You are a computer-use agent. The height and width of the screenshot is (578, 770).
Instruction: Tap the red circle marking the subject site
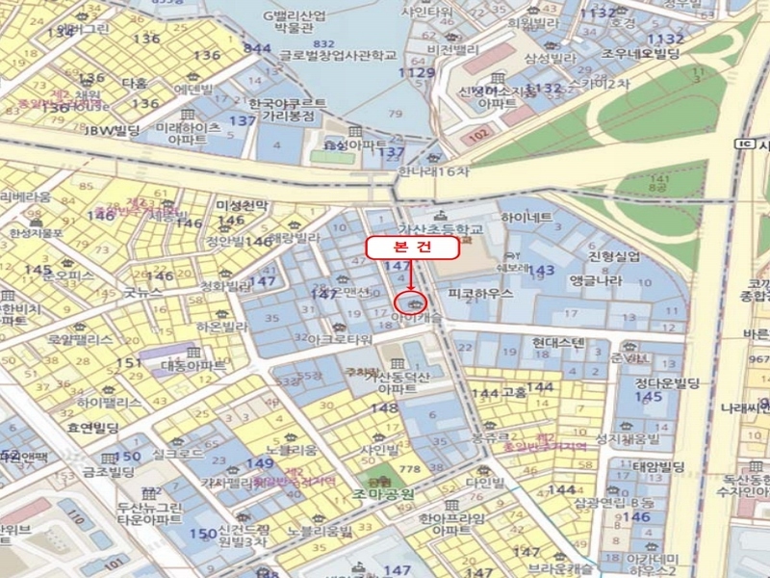[x=403, y=308]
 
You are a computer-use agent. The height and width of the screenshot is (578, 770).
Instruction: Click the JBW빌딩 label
[x=113, y=129]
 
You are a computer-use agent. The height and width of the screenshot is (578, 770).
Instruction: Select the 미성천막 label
[x=242, y=206]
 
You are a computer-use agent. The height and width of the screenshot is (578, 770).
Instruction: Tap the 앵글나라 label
[x=596, y=280]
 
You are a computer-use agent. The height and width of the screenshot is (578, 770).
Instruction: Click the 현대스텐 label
[x=558, y=342]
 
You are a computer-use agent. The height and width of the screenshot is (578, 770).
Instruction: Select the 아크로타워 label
[x=339, y=340]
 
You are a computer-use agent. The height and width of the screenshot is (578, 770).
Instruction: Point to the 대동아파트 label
[x=192, y=366]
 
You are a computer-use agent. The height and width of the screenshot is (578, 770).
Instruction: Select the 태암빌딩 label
[x=658, y=468]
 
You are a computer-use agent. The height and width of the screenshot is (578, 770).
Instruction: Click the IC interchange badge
[x=741, y=143]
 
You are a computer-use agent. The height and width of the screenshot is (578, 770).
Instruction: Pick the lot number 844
[x=258, y=48]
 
